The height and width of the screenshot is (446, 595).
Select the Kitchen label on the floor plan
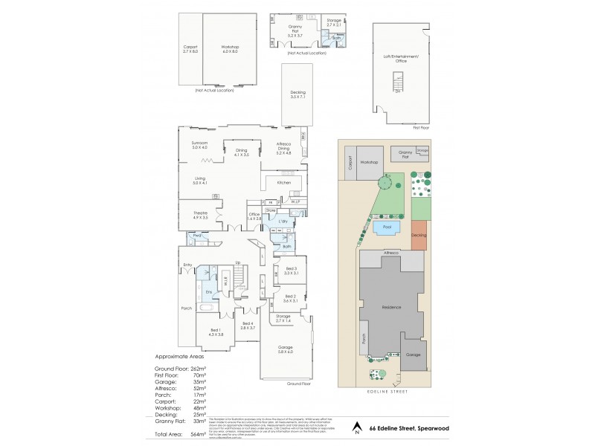click(283, 182)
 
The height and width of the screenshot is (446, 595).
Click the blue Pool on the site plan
click(387, 228)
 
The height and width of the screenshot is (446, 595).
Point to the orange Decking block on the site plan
click(419, 234)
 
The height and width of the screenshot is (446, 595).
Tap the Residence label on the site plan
click(391, 307)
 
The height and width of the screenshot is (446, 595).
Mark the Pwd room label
click(196, 236)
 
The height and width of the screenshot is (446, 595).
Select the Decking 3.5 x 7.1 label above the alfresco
click(297, 94)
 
